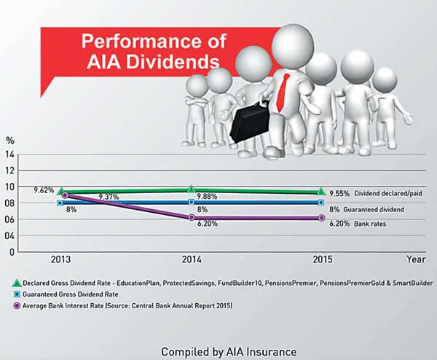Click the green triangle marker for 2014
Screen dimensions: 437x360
coord(191,189)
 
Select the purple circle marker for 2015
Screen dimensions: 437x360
coord(321,218)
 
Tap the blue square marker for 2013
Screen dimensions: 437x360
coord(60,203)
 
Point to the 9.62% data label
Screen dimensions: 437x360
coord(44,190)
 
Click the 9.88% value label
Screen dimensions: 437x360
coord(207,197)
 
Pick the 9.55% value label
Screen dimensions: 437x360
coord(339,194)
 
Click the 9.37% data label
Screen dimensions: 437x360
coord(109,197)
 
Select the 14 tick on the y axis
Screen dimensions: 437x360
coord(9,154)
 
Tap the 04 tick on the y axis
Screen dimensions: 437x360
coord(9,235)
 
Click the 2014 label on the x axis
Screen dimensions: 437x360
coord(192,259)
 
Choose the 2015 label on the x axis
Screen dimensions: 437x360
coord(323,259)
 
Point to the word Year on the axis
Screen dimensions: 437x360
coord(416,259)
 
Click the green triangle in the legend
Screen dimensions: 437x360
coord(17,283)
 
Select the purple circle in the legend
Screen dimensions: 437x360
coord(17,306)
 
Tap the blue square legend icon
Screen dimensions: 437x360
coord(17,294)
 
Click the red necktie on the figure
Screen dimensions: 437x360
coord(282,92)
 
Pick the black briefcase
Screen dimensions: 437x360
coord(250,122)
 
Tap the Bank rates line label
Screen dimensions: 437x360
coord(370,224)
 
